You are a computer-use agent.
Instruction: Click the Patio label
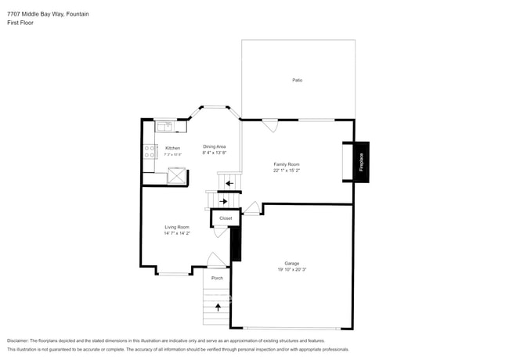(298, 81)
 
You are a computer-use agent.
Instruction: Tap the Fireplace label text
(362, 163)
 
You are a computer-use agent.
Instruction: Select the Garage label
(291, 263)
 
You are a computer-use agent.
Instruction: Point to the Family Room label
(287, 164)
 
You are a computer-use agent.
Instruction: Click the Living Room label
(177, 227)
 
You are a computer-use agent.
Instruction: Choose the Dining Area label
(215, 146)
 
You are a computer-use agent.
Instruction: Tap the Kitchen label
(172, 148)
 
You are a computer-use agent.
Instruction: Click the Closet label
(226, 218)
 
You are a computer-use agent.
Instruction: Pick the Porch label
(217, 278)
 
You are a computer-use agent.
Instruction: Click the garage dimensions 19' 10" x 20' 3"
(291, 269)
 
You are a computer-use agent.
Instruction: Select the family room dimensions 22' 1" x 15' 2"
(287, 171)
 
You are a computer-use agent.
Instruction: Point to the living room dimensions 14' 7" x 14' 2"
(177, 233)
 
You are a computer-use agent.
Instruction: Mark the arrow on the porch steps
(218, 307)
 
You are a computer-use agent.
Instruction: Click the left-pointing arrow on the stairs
(229, 184)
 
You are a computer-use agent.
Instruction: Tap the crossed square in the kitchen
(178, 175)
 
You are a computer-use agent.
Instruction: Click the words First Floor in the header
(20, 23)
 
